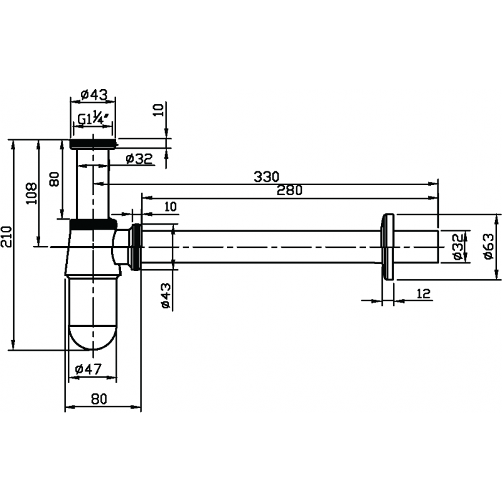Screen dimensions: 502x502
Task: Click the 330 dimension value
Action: (x=266, y=176)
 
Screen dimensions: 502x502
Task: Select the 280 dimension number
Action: (x=289, y=191)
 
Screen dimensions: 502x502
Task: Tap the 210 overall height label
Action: (x=6, y=237)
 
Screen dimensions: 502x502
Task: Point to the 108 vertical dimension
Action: (x=31, y=193)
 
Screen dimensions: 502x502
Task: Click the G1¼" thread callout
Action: (x=93, y=119)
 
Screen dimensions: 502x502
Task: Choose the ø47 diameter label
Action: (x=88, y=369)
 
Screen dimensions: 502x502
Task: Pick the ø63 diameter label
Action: (x=489, y=246)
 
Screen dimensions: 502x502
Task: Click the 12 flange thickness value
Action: (x=424, y=293)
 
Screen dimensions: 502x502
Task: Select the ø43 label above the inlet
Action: (x=94, y=95)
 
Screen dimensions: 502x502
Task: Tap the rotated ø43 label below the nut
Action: (x=166, y=296)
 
